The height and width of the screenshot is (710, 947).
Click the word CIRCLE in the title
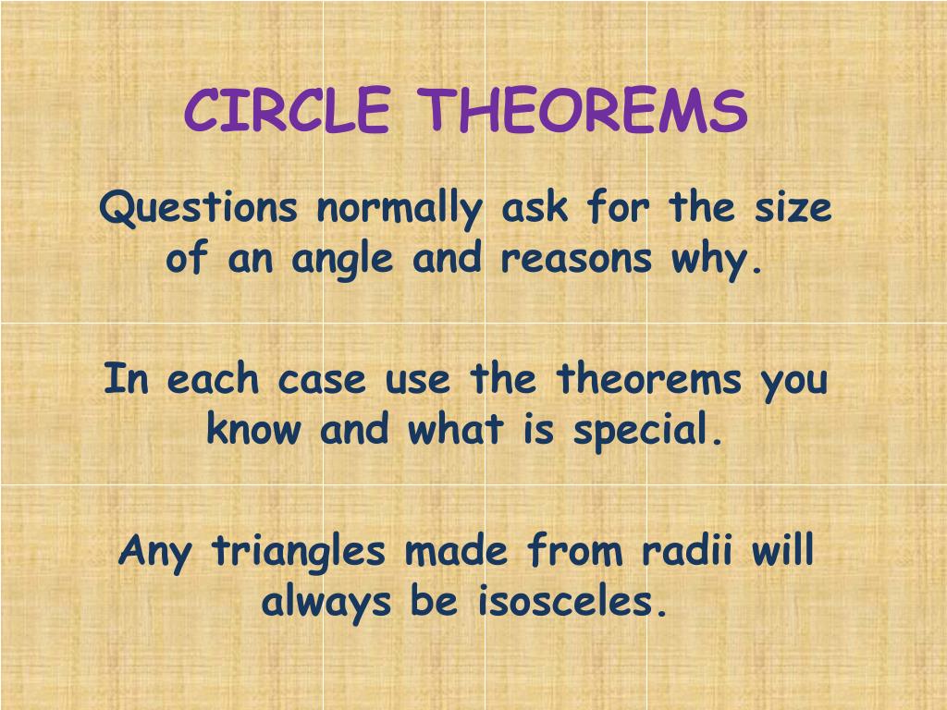click(x=287, y=111)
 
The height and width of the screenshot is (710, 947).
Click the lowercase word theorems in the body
click(x=649, y=379)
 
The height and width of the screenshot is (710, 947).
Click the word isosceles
click(x=572, y=604)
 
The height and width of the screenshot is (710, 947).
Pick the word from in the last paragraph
click(x=572, y=552)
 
